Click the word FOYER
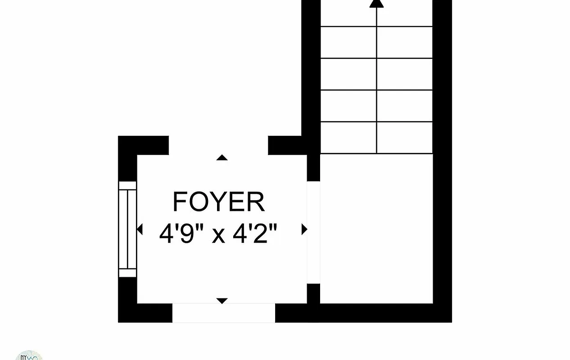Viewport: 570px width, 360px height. coord(219,202)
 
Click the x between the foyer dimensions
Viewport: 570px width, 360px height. coord(218,235)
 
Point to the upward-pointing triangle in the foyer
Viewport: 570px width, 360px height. coord(222,157)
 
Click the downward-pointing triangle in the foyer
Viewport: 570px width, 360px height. coord(222,301)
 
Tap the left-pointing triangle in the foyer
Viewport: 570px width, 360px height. coord(140,229)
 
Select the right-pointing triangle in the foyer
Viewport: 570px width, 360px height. coord(304,229)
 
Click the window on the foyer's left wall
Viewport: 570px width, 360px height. coord(127,229)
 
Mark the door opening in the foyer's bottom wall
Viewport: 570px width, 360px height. coord(224,313)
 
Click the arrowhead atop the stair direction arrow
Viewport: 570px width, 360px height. coord(376,3)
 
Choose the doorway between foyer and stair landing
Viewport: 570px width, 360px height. coord(313,232)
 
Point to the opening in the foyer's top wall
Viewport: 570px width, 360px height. coord(218,145)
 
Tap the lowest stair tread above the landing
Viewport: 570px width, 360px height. coord(376,138)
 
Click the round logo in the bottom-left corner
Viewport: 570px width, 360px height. coord(29,355)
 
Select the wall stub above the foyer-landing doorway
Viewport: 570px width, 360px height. coord(313,167)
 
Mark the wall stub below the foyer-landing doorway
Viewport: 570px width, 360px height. coord(313,293)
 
